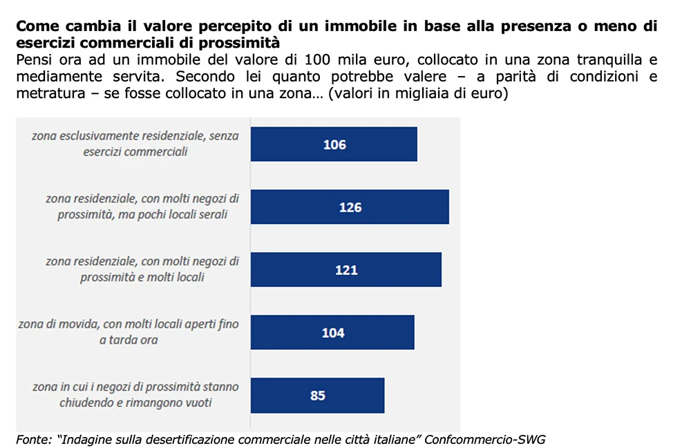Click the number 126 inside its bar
pos(350,207)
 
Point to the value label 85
pos(318,396)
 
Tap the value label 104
pos(333,333)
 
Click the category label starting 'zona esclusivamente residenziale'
pos(135,143)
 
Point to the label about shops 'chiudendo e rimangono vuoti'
pos(135,395)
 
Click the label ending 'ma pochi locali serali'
pos(142,206)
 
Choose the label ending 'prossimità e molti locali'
pos(142,269)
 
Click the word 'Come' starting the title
pos(35,27)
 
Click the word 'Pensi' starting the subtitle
pos(33,59)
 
